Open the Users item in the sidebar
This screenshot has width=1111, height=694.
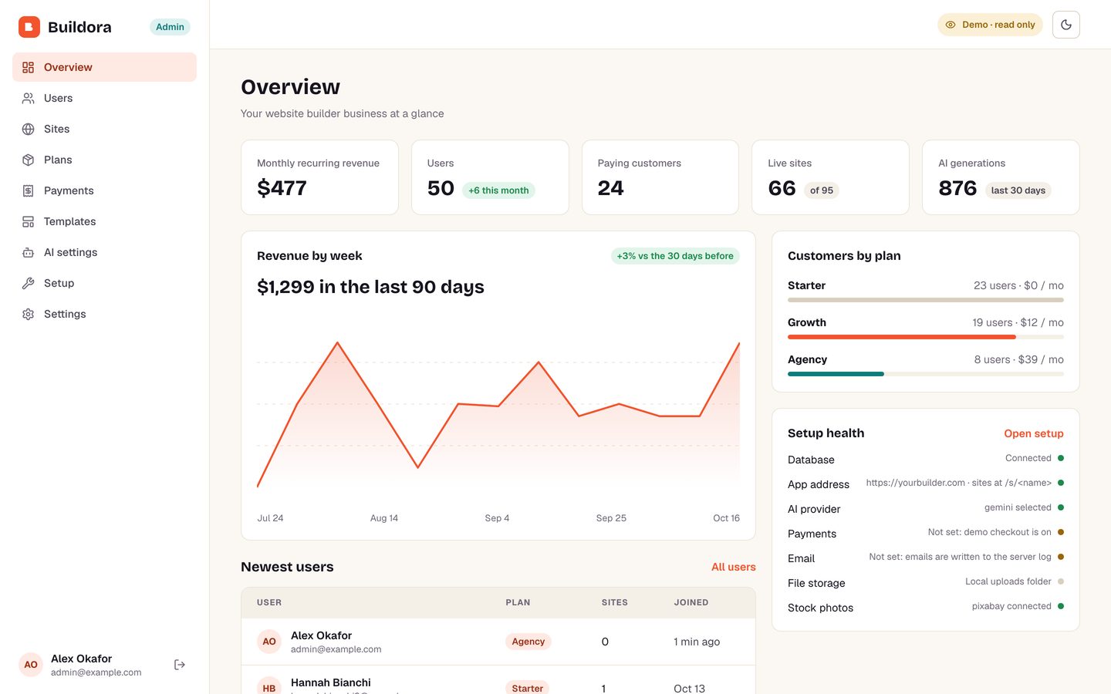[58, 98]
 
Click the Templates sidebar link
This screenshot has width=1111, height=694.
[69, 221]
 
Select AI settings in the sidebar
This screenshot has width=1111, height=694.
[70, 252]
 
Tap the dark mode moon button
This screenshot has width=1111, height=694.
[1066, 25]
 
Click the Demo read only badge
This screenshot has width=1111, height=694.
[990, 25]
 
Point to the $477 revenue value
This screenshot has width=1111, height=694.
[282, 188]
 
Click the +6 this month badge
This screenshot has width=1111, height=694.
[498, 190]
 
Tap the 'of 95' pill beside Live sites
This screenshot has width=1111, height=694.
[822, 190]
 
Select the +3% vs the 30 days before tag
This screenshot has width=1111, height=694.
[675, 256]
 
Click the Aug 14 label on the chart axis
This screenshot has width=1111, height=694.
[384, 518]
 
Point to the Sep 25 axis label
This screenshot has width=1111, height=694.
[611, 518]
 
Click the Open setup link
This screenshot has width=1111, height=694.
[1034, 433]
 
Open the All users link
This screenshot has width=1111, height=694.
[734, 567]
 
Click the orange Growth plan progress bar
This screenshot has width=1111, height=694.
[902, 337]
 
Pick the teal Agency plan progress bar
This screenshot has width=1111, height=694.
[836, 374]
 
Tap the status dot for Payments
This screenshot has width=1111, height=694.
[1061, 532]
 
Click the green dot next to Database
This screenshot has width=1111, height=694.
[1061, 458]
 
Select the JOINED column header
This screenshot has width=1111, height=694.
[691, 602]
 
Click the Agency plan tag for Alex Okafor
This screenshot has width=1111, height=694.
[528, 642]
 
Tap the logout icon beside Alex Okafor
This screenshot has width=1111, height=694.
[180, 665]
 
